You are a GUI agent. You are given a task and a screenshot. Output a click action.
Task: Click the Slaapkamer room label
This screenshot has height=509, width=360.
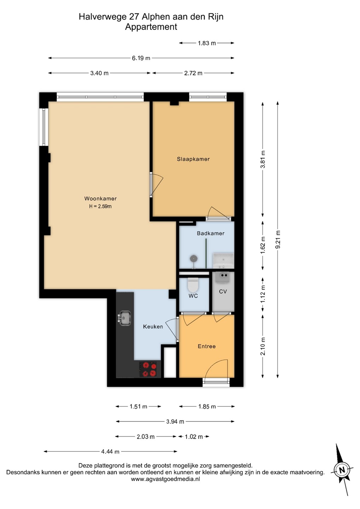(x=193, y=159)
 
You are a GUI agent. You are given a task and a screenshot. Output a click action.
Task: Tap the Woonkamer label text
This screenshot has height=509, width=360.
(x=100, y=198)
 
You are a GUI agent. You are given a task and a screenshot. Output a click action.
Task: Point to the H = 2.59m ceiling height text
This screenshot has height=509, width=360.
(x=100, y=206)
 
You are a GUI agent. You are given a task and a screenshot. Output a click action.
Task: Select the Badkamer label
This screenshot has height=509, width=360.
(x=211, y=233)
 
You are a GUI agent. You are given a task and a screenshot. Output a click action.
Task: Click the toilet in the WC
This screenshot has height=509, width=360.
(x=193, y=285)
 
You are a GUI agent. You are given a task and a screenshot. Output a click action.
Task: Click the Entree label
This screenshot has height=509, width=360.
(x=207, y=346)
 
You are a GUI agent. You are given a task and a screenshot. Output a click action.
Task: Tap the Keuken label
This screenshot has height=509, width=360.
(x=153, y=327)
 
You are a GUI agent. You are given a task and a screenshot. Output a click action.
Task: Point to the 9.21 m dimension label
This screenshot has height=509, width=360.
(x=278, y=240)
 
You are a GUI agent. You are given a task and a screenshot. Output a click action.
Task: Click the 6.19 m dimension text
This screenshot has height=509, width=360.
(x=141, y=58)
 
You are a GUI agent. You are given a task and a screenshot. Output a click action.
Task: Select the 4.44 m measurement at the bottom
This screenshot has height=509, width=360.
(x=110, y=451)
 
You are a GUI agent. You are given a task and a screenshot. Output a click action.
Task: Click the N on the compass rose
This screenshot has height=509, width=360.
(x=342, y=469)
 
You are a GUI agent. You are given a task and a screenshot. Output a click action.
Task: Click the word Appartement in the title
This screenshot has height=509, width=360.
(x=151, y=27)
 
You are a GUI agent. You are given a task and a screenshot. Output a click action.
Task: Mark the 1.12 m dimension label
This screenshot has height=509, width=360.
(x=263, y=294)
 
